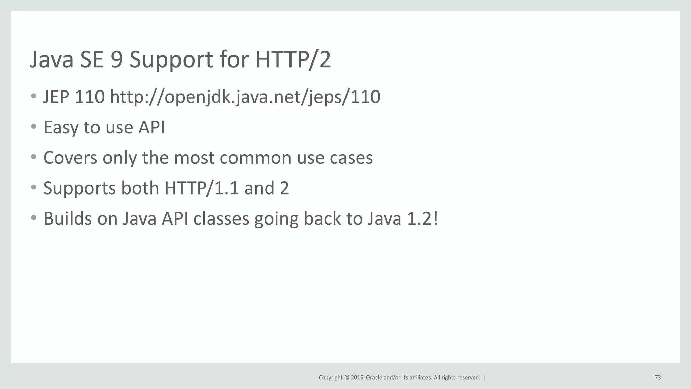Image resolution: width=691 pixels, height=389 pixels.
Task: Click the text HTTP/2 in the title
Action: click(293, 59)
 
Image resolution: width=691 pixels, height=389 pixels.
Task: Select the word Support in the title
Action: click(171, 60)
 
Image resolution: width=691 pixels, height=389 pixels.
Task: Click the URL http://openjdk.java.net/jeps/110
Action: click(245, 97)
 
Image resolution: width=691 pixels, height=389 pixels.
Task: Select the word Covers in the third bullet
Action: click(70, 158)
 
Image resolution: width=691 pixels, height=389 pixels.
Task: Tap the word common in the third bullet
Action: click(232, 158)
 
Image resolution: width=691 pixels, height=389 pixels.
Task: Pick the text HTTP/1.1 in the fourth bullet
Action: click(202, 188)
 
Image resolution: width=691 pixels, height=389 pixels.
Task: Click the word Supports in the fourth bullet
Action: click(79, 188)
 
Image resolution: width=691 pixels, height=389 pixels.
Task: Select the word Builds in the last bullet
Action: click(67, 218)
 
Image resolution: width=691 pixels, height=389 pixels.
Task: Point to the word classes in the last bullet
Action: click(221, 218)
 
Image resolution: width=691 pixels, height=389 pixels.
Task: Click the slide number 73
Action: click(657, 378)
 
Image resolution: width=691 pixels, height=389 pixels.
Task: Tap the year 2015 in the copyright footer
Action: click(357, 378)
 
